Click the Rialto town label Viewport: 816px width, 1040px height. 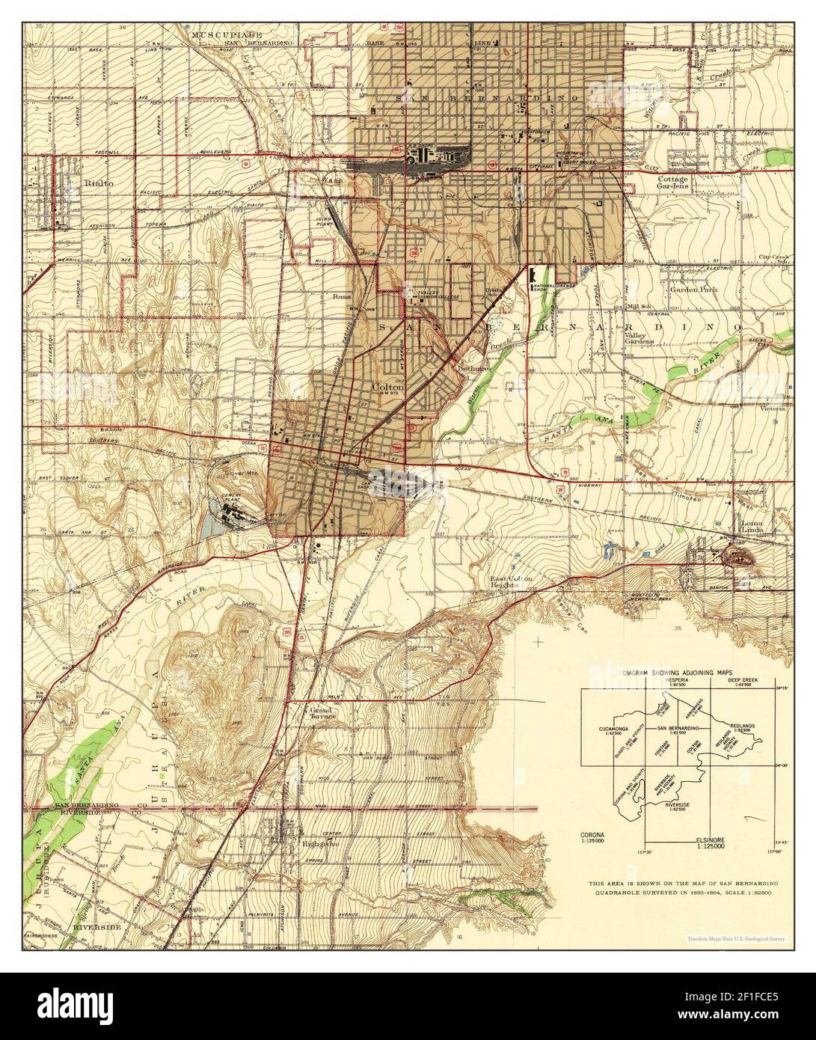click(96, 181)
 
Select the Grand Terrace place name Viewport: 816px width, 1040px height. click(325, 712)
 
